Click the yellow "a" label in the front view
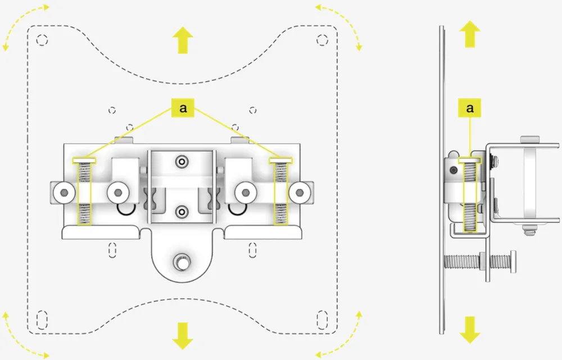coord(183,108)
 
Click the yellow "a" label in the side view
coord(470,108)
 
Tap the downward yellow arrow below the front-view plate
coord(183,335)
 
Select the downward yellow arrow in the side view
coord(470,330)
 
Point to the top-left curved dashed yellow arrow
coord(22,22)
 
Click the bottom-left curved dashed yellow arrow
coord(22,337)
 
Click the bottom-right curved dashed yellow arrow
coord(341,337)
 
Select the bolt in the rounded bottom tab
coord(181,261)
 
